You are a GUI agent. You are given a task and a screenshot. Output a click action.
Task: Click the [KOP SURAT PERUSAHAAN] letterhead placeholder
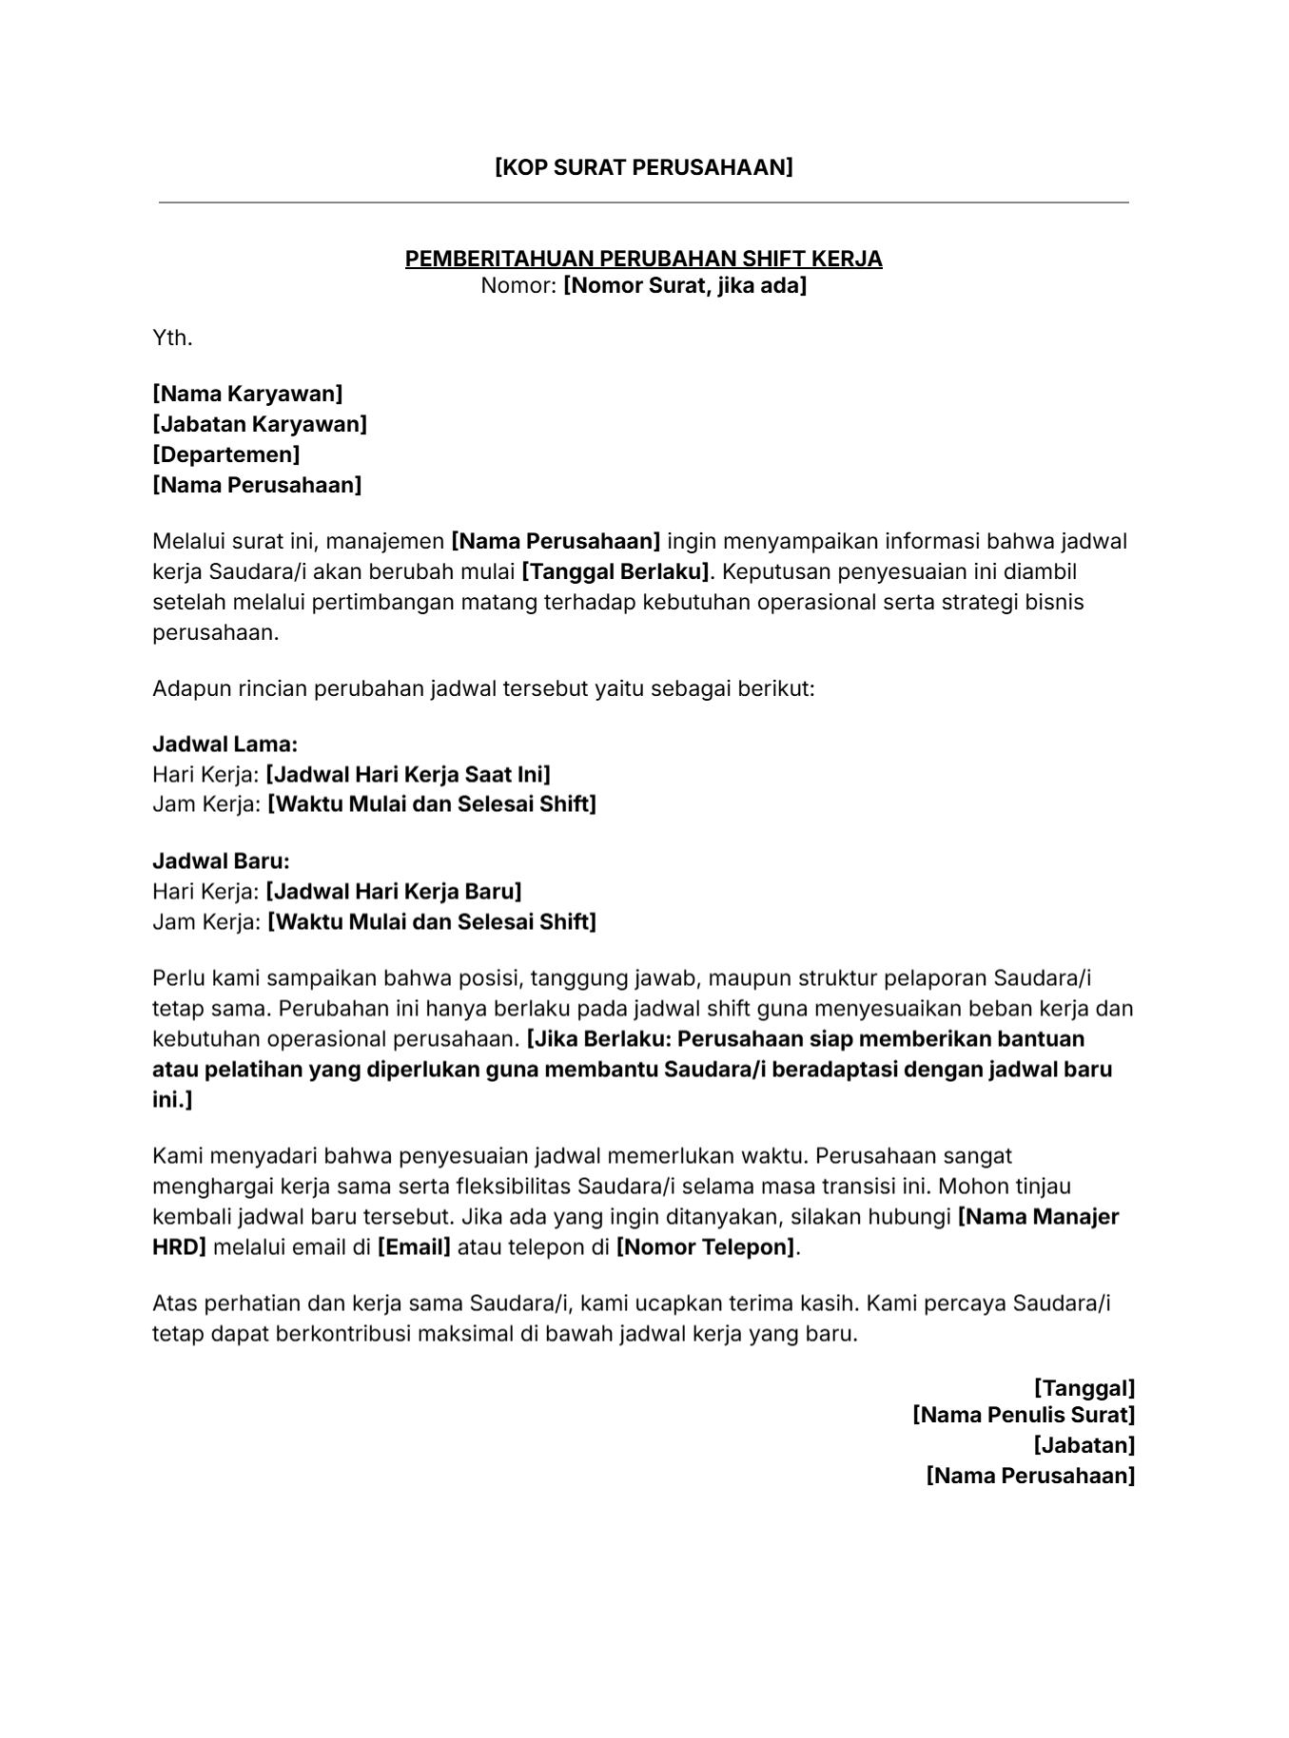tap(643, 167)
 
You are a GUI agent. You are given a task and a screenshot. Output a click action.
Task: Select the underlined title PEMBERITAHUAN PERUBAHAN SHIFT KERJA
tap(643, 259)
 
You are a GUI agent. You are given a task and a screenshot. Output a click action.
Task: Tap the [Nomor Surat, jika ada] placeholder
tap(684, 285)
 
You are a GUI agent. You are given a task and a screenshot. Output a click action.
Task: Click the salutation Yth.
tap(172, 338)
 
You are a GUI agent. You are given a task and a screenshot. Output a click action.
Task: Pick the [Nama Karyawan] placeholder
tap(247, 394)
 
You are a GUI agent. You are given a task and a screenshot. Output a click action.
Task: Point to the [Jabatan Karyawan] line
tap(260, 424)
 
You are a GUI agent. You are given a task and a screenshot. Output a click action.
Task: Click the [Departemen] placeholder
tap(226, 454)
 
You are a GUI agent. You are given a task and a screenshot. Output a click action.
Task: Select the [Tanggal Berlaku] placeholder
tap(616, 571)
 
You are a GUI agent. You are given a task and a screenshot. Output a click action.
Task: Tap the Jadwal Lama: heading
tap(225, 743)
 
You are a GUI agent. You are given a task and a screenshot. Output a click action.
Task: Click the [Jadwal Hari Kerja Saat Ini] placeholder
tap(407, 774)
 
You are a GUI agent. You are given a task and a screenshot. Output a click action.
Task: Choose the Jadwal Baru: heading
tap(221, 861)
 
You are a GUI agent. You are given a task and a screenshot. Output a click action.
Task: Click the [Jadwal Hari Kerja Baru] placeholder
tap(393, 892)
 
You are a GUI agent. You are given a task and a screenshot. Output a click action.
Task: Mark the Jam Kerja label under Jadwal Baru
tap(205, 921)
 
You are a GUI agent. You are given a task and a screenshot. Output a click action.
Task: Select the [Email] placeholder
tap(414, 1246)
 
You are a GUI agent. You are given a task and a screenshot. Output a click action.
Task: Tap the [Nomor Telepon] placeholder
tap(705, 1246)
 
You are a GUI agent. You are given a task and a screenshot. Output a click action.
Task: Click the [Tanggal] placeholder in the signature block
tap(1084, 1388)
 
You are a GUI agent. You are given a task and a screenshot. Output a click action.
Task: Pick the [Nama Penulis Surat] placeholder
tap(1024, 1415)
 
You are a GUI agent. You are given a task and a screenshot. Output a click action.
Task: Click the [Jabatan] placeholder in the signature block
tap(1084, 1445)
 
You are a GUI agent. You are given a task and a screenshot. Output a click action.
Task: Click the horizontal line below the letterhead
tap(643, 203)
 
